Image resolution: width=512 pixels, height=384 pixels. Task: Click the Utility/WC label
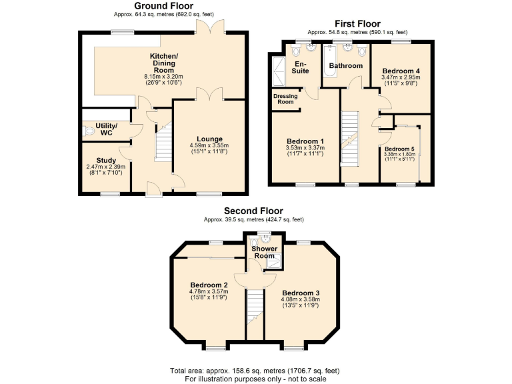107,129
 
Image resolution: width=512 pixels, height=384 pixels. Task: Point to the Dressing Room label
285,99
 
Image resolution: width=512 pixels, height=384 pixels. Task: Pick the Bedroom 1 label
305,141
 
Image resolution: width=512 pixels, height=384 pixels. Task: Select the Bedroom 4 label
401,70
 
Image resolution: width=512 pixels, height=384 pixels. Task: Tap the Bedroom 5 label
400,149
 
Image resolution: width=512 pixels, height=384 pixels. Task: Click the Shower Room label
264,253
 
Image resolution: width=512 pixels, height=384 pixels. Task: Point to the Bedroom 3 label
301,293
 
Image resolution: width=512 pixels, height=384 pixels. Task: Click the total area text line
255,370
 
